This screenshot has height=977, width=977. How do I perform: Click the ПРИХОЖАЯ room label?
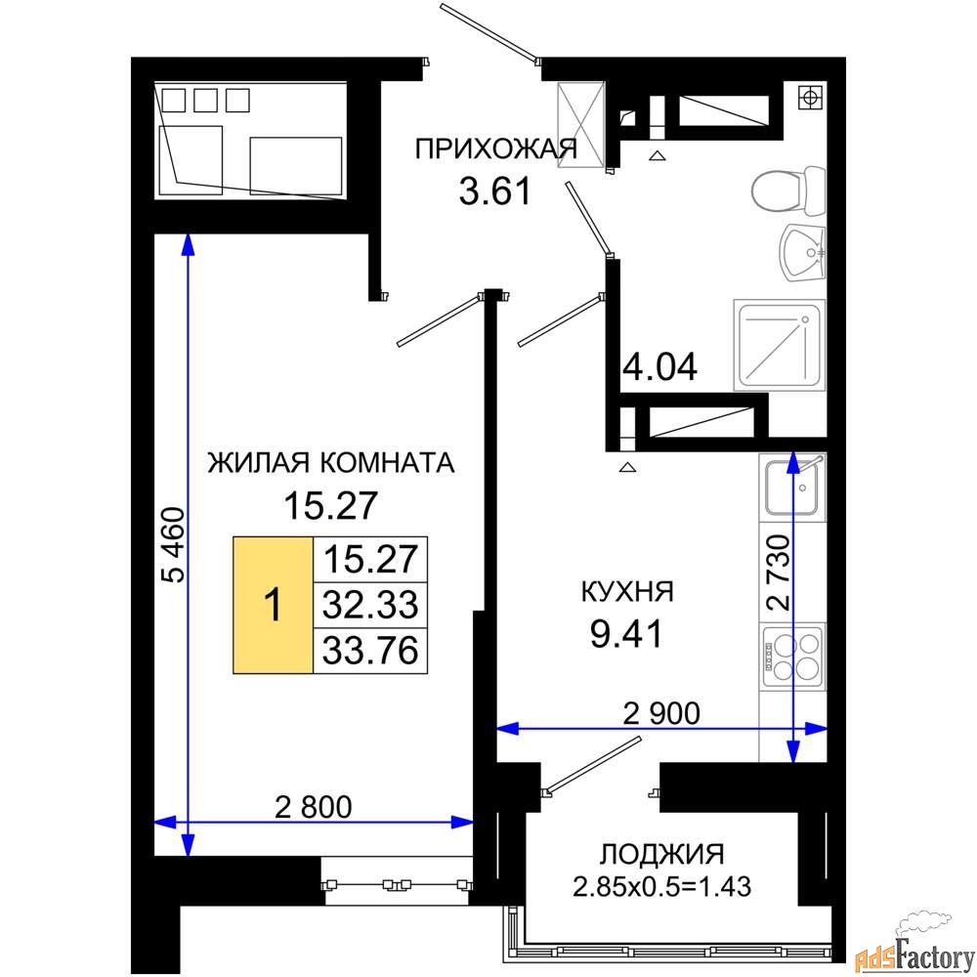[496, 149]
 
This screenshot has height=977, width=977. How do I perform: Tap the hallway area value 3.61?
[495, 191]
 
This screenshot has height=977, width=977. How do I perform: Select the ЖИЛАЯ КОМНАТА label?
[331, 463]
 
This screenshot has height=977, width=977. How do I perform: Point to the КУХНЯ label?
[627, 591]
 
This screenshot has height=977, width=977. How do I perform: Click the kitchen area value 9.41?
[626, 634]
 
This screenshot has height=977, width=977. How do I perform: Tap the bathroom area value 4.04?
[659, 366]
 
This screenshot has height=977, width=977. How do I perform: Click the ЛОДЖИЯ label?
[661, 854]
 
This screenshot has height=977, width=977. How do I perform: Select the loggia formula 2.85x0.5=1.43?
[661, 886]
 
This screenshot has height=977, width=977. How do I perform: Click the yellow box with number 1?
[273, 605]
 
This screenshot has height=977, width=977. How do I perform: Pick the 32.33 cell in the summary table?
[370, 605]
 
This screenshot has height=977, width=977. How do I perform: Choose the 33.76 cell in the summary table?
[370, 651]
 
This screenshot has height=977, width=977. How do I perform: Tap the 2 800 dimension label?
[314, 807]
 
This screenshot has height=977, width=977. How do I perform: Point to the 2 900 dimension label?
[661, 713]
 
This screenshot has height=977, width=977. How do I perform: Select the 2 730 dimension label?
[779, 572]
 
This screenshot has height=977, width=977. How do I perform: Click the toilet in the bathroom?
[788, 191]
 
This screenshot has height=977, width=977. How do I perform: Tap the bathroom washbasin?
[803, 253]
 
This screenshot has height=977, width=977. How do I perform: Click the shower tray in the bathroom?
[780, 345]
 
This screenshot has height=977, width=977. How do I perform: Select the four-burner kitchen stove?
[793, 657]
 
